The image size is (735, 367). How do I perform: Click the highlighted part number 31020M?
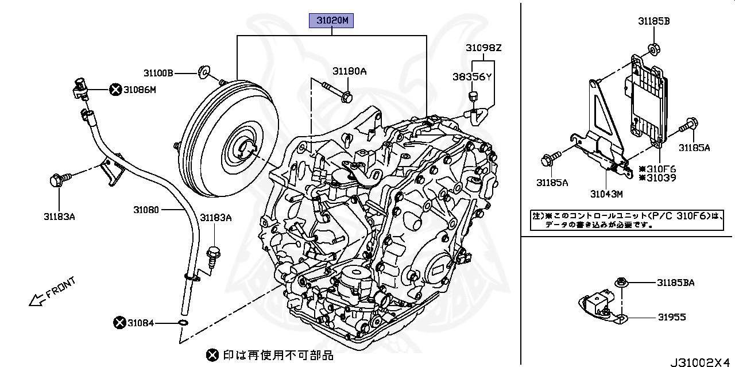point(331,21)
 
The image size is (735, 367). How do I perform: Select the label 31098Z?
point(483,48)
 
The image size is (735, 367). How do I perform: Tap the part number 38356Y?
point(471,76)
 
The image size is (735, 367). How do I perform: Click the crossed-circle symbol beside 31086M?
point(115,89)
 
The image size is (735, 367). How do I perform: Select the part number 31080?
point(146,210)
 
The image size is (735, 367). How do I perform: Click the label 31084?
point(141,323)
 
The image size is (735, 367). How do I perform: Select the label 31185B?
point(653,21)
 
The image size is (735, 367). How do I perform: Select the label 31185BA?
point(676,282)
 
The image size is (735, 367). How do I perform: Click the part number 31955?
point(672,317)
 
